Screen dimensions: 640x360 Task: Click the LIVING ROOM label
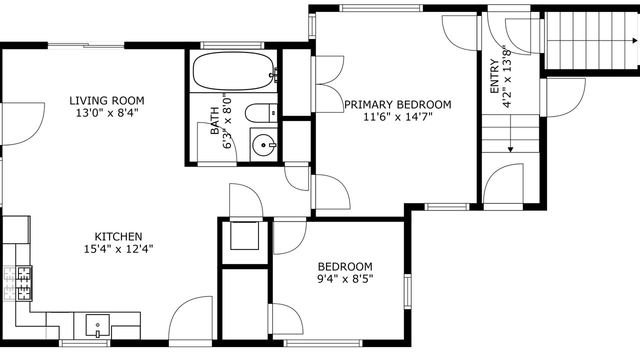click(107, 101)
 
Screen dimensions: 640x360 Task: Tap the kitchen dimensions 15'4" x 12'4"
click(118, 249)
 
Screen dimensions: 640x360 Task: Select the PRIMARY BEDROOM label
click(397, 104)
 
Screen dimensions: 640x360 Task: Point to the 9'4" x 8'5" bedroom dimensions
click(345, 279)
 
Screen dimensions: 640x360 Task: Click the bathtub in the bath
click(233, 71)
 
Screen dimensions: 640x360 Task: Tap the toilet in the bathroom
click(261, 113)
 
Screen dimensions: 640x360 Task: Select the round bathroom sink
click(264, 145)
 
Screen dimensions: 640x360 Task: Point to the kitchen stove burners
click(24, 283)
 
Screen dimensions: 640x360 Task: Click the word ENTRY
click(494, 76)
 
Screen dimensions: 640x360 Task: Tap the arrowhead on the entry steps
click(510, 149)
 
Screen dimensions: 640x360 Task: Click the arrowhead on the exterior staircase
click(635, 41)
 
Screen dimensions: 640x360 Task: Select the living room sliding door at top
click(86, 45)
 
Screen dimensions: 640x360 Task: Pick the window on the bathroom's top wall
click(232, 45)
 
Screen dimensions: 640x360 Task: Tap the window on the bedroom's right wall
click(407, 291)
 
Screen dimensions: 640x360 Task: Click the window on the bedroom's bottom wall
click(323, 343)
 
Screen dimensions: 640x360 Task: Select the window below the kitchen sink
click(85, 343)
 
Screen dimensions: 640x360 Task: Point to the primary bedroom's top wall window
click(381, 8)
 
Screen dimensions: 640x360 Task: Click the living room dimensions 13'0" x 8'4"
click(107, 113)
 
